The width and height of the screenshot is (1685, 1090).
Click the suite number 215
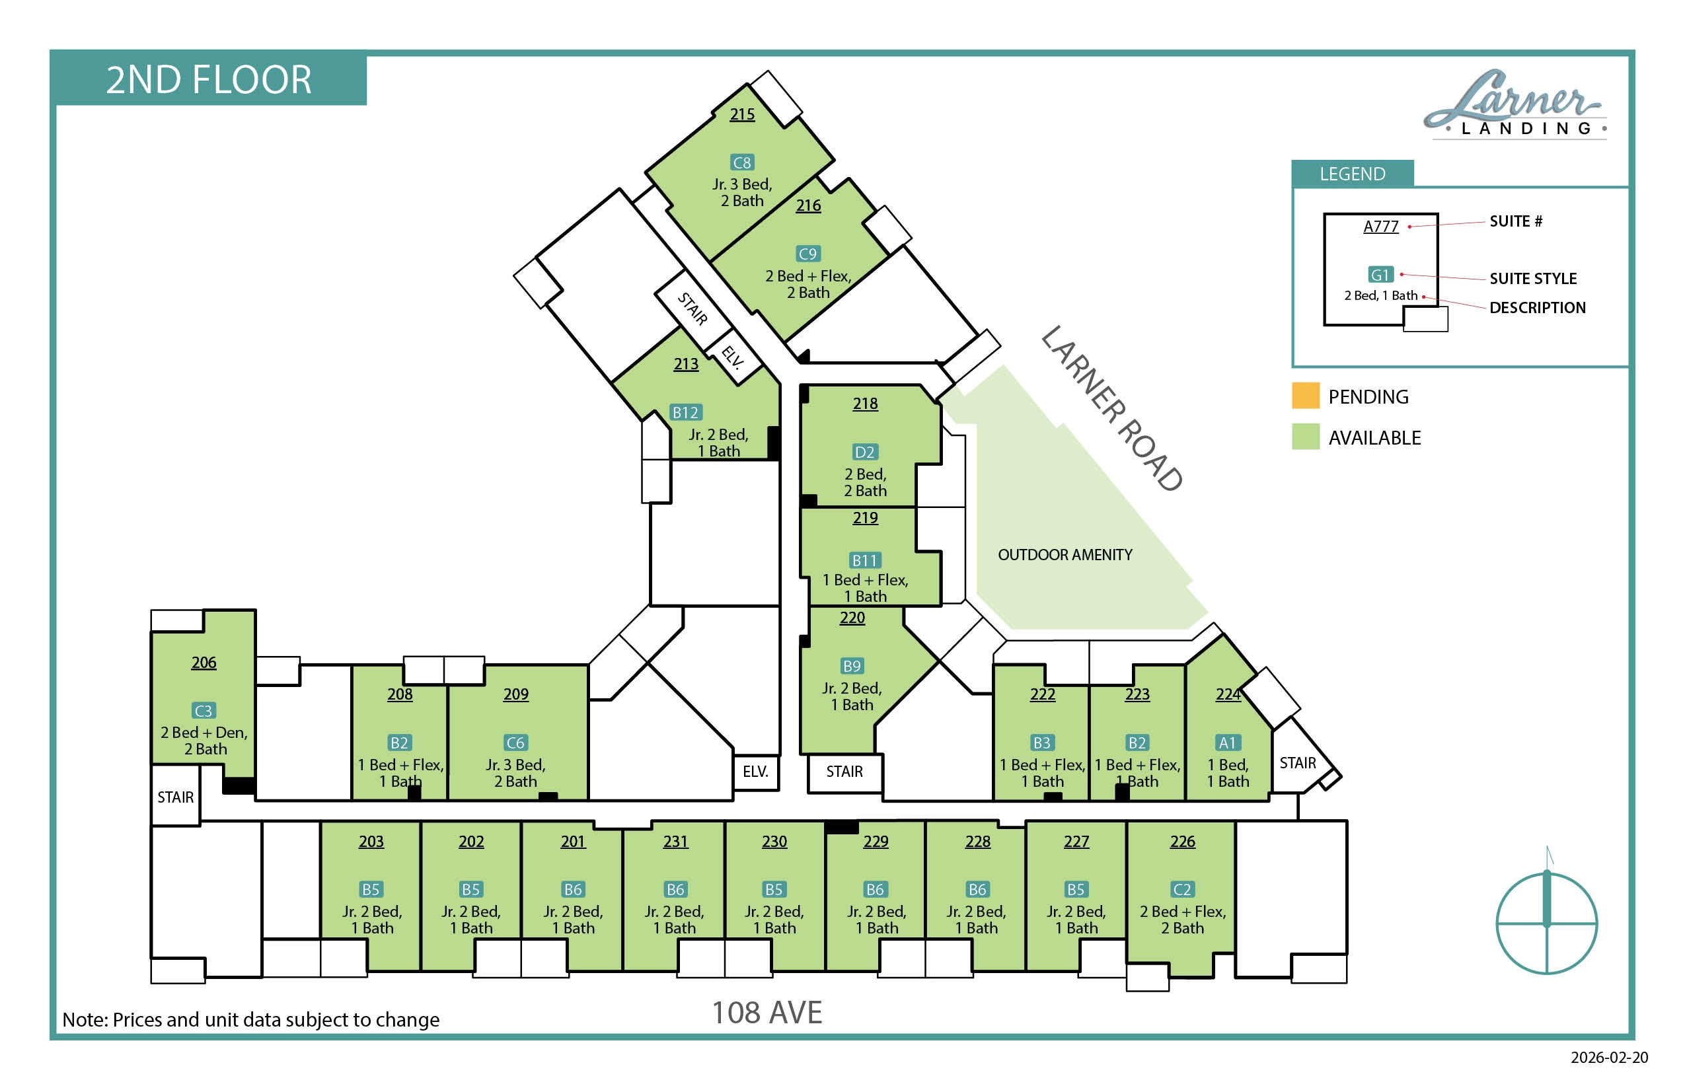pos(742,114)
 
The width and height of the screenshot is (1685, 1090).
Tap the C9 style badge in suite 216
pos(807,254)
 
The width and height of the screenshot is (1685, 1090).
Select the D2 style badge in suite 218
pos(864,452)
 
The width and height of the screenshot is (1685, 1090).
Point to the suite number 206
pos(204,663)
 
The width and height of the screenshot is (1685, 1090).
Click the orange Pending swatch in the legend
pos(1306,396)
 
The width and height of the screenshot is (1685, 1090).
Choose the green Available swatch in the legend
pos(1306,437)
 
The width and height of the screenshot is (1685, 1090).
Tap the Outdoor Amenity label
pos(1065,555)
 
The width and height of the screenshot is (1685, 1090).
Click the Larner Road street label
pos(1111,408)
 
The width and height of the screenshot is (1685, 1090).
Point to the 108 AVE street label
pos(767,1013)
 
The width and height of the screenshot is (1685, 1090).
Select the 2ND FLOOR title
pos(209,79)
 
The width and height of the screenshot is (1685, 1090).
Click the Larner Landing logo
pos(1515,105)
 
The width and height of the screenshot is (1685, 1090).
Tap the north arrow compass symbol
pos(1547,913)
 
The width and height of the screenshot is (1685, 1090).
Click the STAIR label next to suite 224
pos(1298,763)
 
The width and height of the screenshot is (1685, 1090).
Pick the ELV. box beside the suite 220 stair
pos(755,772)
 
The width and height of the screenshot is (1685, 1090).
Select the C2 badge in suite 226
pos(1182,889)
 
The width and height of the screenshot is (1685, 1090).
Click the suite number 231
pos(675,842)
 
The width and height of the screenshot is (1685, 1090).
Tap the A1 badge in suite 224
pos(1227,743)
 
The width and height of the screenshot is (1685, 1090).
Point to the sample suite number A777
pos(1380,227)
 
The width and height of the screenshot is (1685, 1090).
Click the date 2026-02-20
pos(1609,1058)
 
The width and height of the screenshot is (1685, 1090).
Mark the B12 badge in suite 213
pos(685,412)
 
